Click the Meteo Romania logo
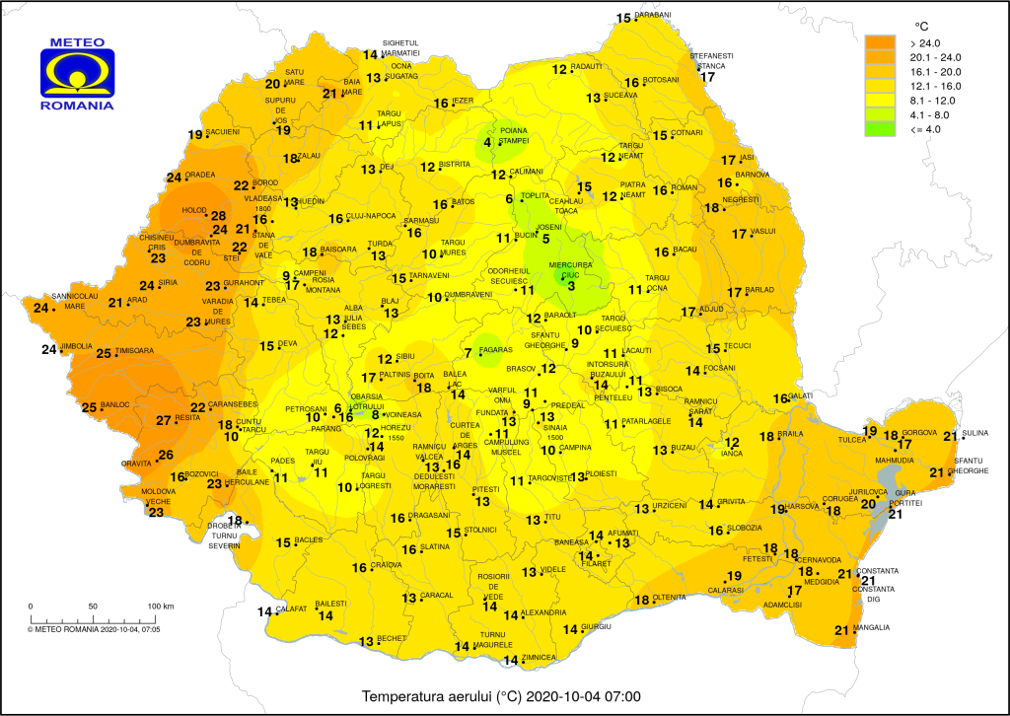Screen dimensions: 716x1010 (x=76, y=74)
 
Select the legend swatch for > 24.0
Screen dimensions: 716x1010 (x=881, y=43)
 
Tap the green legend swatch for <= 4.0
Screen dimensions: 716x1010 (x=881, y=129)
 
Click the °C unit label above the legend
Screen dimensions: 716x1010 (x=922, y=25)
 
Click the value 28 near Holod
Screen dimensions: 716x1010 (x=219, y=216)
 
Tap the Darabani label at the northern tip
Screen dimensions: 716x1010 (x=652, y=16)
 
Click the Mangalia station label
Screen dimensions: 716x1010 (x=872, y=628)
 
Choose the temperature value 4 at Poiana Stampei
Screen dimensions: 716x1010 (x=486, y=144)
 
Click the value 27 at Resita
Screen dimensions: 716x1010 (x=164, y=420)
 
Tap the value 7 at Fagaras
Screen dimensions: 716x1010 (x=468, y=353)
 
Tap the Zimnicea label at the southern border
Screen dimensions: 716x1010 (x=541, y=658)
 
